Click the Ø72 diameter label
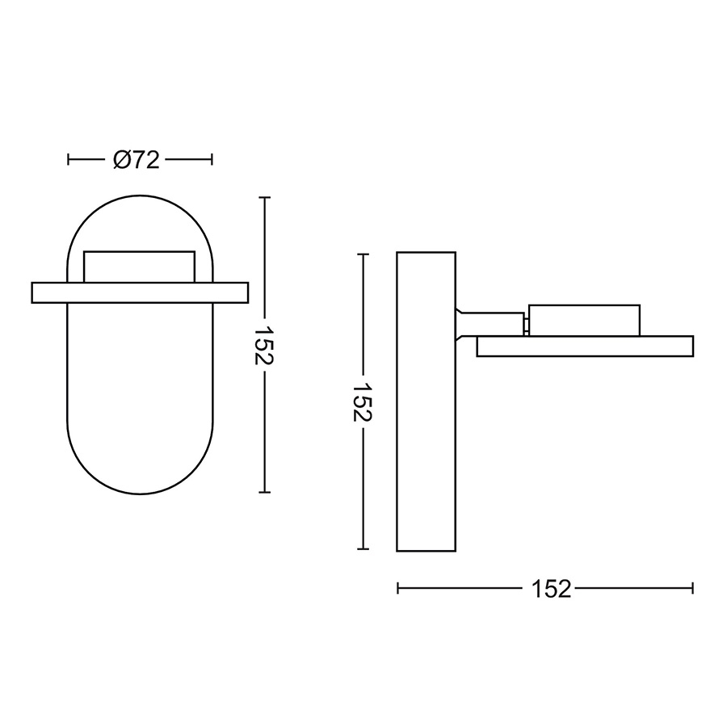click(137, 161)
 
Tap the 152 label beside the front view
click(264, 346)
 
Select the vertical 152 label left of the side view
click(363, 402)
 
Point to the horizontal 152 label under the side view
click(551, 590)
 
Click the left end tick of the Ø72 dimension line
click(68, 160)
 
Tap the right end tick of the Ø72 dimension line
click(212, 160)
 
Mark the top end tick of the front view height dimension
click(264, 198)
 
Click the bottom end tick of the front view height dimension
click(264, 492)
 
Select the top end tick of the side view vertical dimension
click(363, 254)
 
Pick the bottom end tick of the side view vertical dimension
click(363, 549)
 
